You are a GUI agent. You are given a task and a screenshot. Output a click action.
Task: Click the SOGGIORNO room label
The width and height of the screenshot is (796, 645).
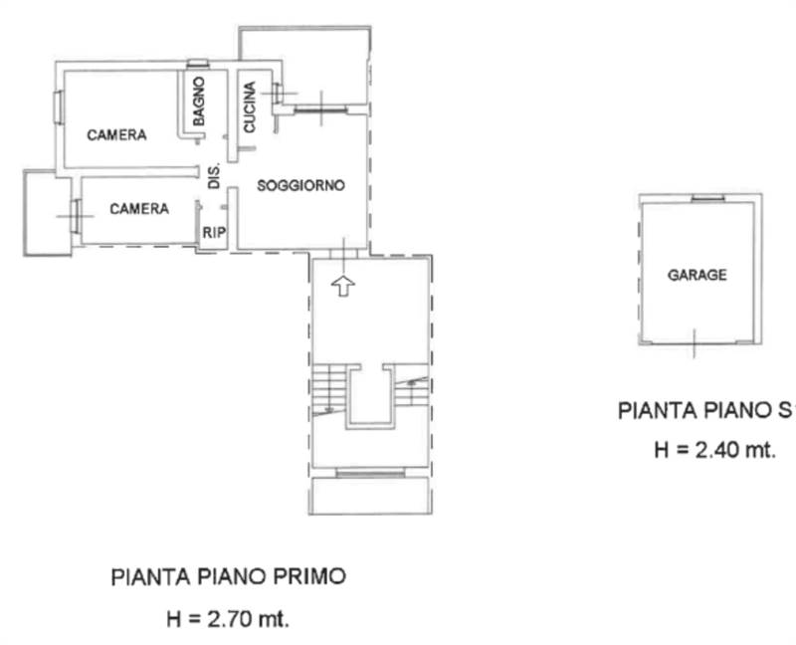(300, 185)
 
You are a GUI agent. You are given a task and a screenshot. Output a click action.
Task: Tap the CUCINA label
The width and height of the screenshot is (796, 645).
(251, 107)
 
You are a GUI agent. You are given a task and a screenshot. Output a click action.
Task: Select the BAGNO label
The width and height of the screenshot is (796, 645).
(200, 101)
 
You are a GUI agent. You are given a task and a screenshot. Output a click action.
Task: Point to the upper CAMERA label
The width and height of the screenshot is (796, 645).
(116, 134)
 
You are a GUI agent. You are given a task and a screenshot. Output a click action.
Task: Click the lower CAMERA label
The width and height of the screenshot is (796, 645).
(138, 208)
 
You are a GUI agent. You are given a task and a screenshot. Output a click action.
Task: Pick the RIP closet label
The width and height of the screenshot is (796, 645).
(213, 233)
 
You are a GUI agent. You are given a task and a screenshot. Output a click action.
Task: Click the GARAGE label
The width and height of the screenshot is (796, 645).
(696, 275)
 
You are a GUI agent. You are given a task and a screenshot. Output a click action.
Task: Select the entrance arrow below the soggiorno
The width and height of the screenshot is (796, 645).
(341, 287)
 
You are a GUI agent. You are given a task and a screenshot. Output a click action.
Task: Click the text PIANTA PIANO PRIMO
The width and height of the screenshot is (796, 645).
(228, 575)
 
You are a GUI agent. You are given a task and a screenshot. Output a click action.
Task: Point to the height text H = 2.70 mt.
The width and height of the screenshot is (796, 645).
(228, 618)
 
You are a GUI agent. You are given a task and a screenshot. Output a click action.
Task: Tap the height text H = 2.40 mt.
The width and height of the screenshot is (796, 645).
(713, 450)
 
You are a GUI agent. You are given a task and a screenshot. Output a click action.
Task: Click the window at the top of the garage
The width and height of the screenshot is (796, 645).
(707, 197)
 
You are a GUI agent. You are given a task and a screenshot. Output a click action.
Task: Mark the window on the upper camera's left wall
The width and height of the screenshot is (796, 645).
(60, 106)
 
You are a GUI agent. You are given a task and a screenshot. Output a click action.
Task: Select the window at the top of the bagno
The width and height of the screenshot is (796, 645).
(197, 67)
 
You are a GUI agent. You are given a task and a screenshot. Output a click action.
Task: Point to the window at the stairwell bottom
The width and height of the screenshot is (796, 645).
(370, 474)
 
